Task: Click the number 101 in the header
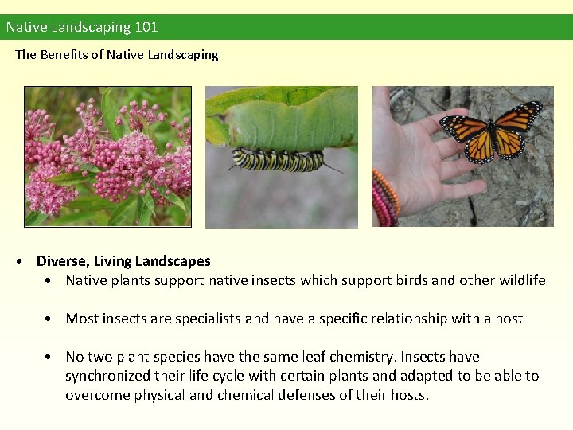[x=146, y=27]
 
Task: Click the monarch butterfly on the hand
[x=491, y=130]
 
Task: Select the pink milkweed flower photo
[x=107, y=156]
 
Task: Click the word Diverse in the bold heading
[x=60, y=261]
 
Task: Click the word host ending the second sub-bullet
[x=509, y=319]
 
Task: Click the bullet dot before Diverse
[x=26, y=261]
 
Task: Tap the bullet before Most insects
[x=49, y=319]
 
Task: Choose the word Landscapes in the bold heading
[x=173, y=261]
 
